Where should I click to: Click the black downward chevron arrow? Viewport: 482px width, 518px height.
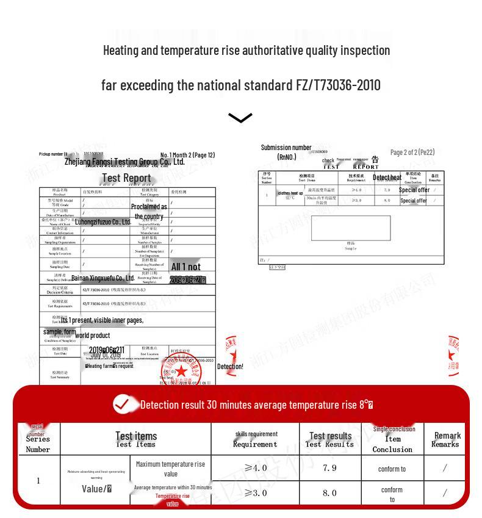pyautogui.click(x=240, y=118)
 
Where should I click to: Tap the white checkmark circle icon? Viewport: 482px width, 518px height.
pyautogui.click(x=122, y=404)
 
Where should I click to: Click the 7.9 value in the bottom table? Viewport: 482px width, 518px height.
pyautogui.click(x=329, y=468)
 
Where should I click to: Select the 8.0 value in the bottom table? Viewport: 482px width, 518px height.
pyautogui.click(x=329, y=492)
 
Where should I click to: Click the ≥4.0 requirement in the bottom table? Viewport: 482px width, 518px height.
pyautogui.click(x=256, y=468)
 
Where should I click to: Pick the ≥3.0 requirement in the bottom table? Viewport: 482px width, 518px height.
pyautogui.click(x=256, y=492)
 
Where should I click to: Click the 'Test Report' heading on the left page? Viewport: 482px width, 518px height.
pyautogui.click(x=126, y=178)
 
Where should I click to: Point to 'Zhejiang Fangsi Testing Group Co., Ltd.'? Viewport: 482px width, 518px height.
pyautogui.click(x=124, y=162)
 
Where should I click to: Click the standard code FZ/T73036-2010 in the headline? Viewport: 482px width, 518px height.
pyautogui.click(x=338, y=85)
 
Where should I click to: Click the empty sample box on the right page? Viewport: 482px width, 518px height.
pyautogui.click(x=350, y=228)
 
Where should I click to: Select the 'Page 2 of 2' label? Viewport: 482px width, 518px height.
pyautogui.click(x=412, y=152)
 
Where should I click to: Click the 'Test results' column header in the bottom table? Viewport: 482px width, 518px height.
pyautogui.click(x=330, y=439)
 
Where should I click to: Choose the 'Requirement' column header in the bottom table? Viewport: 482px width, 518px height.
pyautogui.click(x=256, y=439)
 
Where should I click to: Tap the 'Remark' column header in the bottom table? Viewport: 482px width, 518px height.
pyautogui.click(x=447, y=439)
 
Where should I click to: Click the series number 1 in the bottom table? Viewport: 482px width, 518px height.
pyautogui.click(x=38, y=481)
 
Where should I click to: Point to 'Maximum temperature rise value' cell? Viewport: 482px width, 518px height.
pyautogui.click(x=171, y=469)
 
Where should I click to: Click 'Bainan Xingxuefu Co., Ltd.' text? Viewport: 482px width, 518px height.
pyautogui.click(x=103, y=278)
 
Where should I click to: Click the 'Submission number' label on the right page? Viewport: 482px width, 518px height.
pyautogui.click(x=286, y=148)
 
